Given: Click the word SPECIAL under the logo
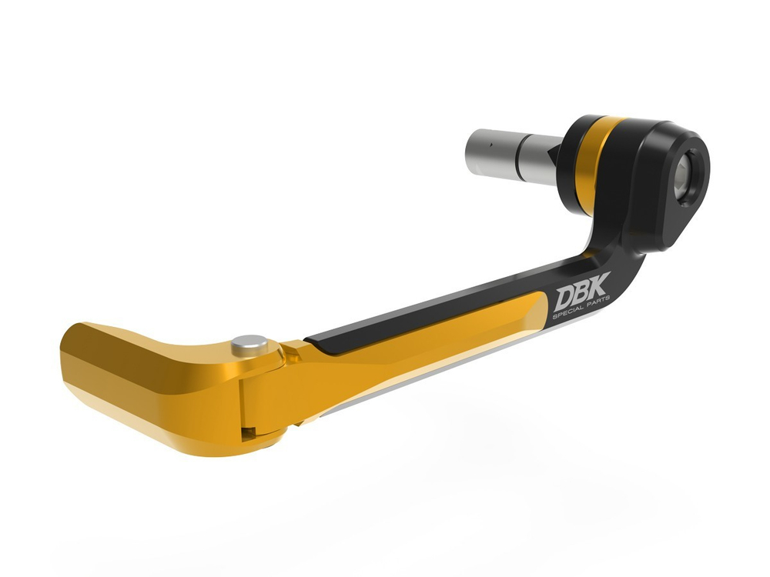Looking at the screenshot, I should [567, 315].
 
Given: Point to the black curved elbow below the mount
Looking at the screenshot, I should [608, 246].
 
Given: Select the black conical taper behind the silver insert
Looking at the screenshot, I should [551, 157].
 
